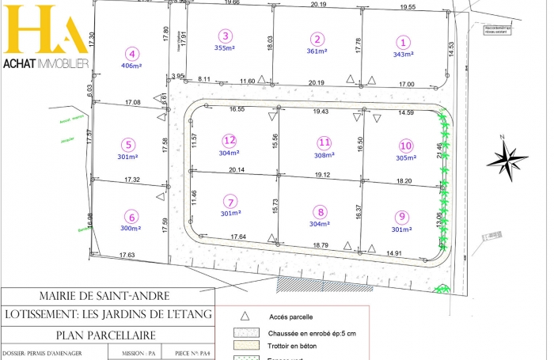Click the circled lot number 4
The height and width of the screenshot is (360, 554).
point(132,54)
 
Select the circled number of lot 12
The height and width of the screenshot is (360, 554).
point(230,140)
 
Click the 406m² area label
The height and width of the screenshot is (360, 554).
point(132,66)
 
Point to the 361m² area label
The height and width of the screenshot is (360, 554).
point(317,51)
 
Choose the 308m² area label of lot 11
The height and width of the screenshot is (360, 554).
point(324,155)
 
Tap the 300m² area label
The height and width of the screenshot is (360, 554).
point(131,228)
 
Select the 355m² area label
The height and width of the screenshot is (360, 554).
point(226,47)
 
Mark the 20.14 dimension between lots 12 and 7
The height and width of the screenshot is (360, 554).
point(236,170)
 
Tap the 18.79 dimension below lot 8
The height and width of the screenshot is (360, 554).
point(320,245)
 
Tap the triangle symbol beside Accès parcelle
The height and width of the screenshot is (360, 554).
point(245,314)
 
